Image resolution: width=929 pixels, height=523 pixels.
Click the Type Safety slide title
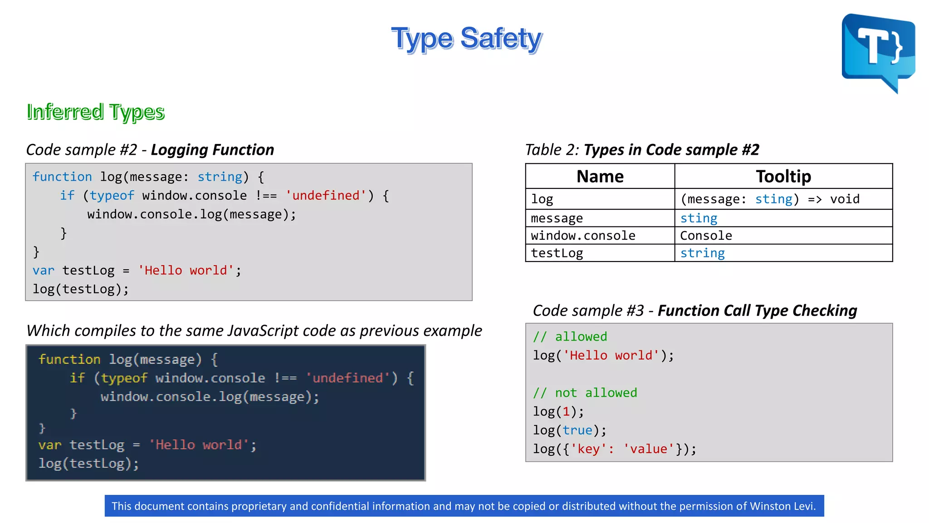[x=466, y=39]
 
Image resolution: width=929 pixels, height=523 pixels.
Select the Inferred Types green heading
[x=95, y=112]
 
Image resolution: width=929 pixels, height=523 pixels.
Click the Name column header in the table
[x=600, y=176]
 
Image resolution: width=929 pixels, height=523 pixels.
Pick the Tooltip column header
[x=783, y=176]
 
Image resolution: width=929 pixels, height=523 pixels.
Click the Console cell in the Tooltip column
[x=706, y=236]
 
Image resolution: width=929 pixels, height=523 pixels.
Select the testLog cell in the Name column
[x=557, y=253]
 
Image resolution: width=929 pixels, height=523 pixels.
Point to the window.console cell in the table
[x=583, y=236]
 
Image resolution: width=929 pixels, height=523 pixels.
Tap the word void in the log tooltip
[x=845, y=199]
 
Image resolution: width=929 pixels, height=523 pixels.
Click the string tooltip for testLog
[x=702, y=253]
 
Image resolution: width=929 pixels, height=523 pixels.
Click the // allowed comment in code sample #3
[x=570, y=336]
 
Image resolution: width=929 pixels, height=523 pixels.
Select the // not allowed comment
[x=585, y=393]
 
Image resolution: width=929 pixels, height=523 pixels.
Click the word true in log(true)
[x=577, y=430]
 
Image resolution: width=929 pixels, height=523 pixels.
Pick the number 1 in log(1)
[x=566, y=411]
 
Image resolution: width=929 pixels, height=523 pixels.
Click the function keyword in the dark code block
[x=69, y=359]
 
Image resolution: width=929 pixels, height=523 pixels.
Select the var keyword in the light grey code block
[x=43, y=271]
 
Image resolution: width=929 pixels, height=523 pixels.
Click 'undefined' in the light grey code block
[x=326, y=196]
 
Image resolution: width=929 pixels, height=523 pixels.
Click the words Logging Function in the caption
[x=212, y=150]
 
